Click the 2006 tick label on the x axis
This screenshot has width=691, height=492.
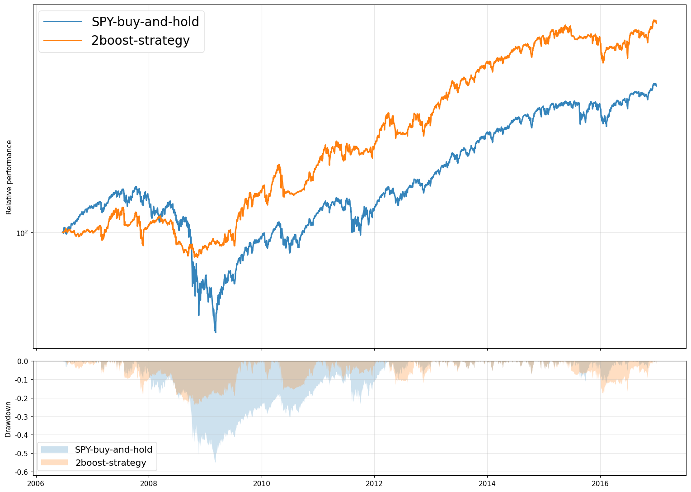[x=36, y=483]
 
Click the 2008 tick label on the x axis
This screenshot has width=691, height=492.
[x=149, y=483]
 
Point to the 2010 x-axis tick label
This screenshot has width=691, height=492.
[x=261, y=483]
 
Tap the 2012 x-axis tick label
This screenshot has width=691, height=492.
[x=374, y=483]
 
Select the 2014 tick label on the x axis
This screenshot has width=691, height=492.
[x=487, y=483]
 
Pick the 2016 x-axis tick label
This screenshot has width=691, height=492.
[x=600, y=483]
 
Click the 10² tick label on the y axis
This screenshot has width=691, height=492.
[x=22, y=233]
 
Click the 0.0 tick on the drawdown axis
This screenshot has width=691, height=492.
[x=23, y=361]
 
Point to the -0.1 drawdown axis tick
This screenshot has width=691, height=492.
[x=22, y=380]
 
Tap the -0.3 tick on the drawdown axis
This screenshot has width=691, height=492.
[x=22, y=417]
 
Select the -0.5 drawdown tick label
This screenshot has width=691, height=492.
[x=22, y=454]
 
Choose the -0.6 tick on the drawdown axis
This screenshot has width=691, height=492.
[x=22, y=472]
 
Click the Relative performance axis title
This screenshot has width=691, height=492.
[x=9, y=177]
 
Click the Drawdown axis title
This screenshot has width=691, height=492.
[x=8, y=419]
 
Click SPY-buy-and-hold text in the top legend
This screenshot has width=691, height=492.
[x=145, y=22]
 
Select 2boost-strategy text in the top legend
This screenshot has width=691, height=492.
[x=141, y=41]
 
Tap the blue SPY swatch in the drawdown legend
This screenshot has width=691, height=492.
[x=54, y=449]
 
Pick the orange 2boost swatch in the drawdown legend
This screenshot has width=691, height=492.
[x=54, y=463]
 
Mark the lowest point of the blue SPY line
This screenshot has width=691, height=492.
[x=216, y=332]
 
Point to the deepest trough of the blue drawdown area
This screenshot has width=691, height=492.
[x=215, y=462]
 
